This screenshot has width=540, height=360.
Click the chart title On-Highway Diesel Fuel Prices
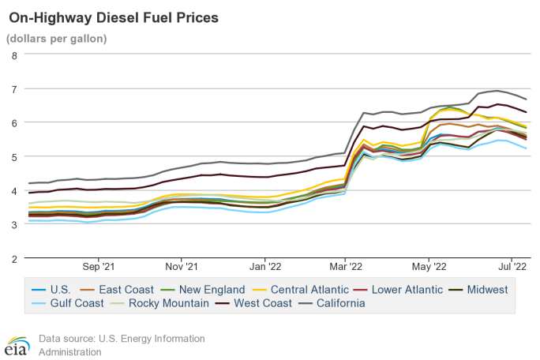[x=113, y=16]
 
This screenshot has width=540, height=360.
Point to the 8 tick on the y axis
[x=14, y=55]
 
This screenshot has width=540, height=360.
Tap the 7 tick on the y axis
[x=14, y=89]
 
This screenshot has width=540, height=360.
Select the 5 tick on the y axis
[x=14, y=156]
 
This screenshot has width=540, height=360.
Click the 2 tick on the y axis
[x=14, y=257]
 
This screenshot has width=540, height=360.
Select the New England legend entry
[x=198, y=290]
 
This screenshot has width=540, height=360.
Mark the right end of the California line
[x=527, y=99]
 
